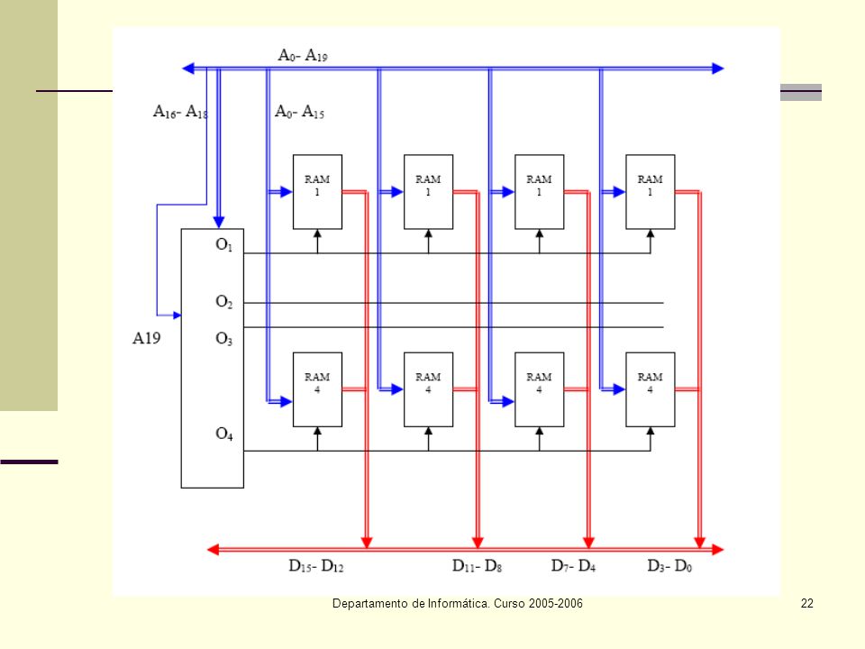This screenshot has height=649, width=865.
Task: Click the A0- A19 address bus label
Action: tap(303, 56)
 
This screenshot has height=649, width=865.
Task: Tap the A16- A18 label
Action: tap(180, 112)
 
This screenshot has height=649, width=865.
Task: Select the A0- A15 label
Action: tap(299, 112)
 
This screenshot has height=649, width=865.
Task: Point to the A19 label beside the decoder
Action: tap(146, 338)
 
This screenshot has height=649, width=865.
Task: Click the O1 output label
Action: tap(224, 244)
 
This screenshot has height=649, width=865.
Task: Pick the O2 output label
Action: tap(224, 302)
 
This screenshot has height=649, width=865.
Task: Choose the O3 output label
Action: tap(224, 338)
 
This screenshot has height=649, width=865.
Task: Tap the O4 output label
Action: tap(224, 434)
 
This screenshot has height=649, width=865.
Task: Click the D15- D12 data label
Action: tap(316, 566)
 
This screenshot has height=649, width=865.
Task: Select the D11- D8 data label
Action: tap(478, 566)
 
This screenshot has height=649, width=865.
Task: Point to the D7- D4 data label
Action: tap(573, 566)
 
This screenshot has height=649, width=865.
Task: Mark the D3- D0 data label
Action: tap(669, 566)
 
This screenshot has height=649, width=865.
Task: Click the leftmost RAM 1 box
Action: tap(317, 192)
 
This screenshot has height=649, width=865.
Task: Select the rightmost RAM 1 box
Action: tap(651, 192)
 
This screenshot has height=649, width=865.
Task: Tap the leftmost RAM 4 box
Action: tap(317, 389)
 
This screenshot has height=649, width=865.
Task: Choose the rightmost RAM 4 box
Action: tap(651, 389)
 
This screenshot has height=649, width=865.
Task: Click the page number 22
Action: tap(807, 604)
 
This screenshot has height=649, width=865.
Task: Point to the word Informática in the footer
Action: tap(459, 604)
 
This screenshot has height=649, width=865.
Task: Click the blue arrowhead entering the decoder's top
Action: tap(219, 223)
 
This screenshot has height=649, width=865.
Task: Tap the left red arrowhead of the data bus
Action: tap(213, 549)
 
